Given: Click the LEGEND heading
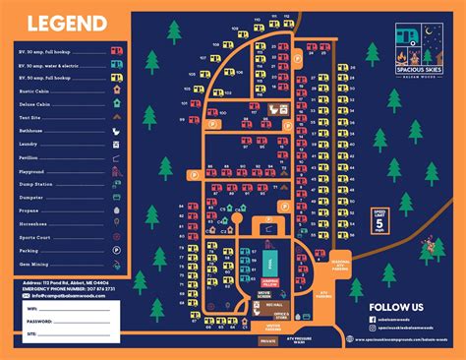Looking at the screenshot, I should pos(66,23).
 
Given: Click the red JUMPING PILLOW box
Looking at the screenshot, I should pos(269,283).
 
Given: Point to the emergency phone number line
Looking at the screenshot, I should pos(74,289).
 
